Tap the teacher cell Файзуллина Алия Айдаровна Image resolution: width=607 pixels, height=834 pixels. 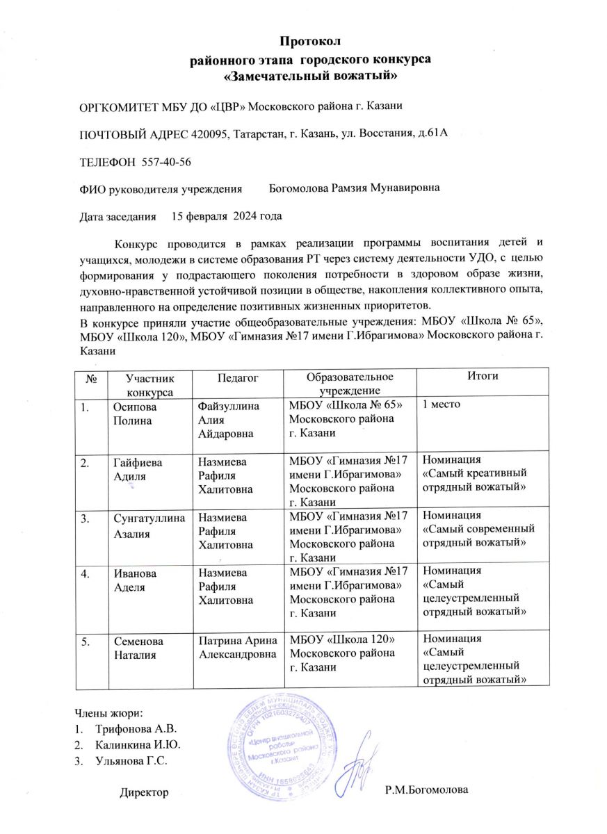tap(227, 419)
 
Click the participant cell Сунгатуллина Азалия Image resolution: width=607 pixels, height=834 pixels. tap(147, 523)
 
